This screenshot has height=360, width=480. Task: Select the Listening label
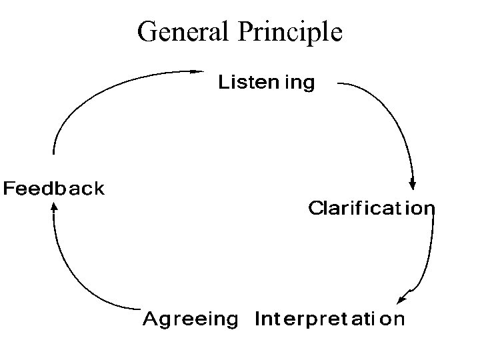point(267,83)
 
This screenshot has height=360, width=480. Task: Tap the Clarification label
point(371,209)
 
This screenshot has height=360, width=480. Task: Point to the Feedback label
point(54,189)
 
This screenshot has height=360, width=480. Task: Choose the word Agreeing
point(190,319)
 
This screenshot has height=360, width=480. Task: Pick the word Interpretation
point(329,319)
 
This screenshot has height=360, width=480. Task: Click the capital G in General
point(147,31)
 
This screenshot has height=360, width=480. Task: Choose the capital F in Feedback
point(10,189)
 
